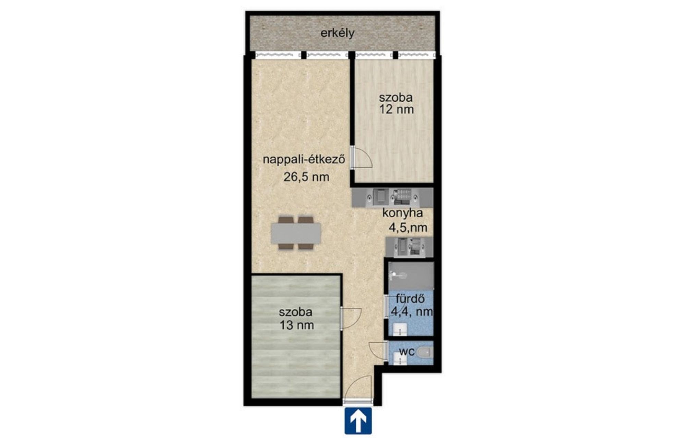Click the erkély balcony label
(337, 34)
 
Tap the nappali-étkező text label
(304, 160)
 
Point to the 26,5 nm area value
(306, 177)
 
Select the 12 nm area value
(397, 109)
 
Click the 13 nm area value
(297, 325)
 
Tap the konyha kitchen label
(402, 213)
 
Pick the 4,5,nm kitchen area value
(408, 227)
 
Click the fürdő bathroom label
(411, 299)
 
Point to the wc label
(407, 351)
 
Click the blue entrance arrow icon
(358, 421)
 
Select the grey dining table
(296, 233)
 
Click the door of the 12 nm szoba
(362, 157)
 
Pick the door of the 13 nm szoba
(351, 318)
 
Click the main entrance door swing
(358, 388)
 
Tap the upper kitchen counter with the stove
(393, 197)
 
